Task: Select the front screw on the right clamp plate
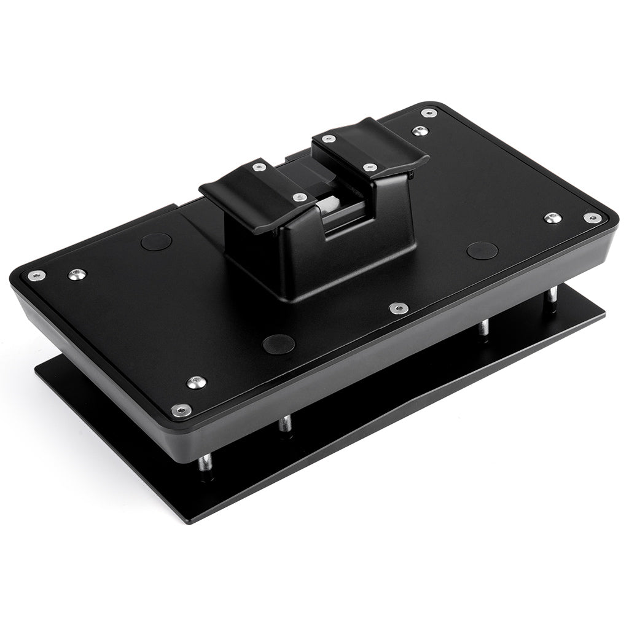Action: point(370,167)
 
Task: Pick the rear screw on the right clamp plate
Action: point(329,139)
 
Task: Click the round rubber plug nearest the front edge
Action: point(278,343)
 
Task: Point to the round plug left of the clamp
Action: point(155,241)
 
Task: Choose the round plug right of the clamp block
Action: point(482,251)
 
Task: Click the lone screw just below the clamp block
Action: point(399,308)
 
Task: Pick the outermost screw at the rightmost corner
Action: point(592,217)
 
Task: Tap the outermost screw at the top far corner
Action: point(429,113)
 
